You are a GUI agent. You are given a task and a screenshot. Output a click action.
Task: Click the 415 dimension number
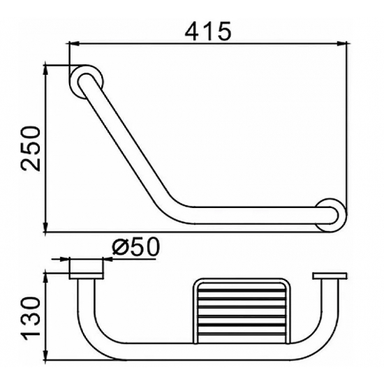(x=208, y=31)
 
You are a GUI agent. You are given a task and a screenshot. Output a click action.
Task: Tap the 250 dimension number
(x=30, y=149)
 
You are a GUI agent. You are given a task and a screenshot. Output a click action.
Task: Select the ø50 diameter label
(x=135, y=247)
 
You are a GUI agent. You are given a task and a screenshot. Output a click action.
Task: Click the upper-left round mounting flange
(x=86, y=82)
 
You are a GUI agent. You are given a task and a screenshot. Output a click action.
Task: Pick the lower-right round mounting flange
(x=331, y=215)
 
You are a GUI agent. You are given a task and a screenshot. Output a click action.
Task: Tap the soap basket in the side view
(x=242, y=311)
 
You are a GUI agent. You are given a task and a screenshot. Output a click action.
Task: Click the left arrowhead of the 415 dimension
(x=75, y=44)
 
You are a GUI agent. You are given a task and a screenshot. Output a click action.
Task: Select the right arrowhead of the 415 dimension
(x=342, y=44)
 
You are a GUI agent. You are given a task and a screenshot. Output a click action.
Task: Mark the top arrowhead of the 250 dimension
(x=45, y=70)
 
